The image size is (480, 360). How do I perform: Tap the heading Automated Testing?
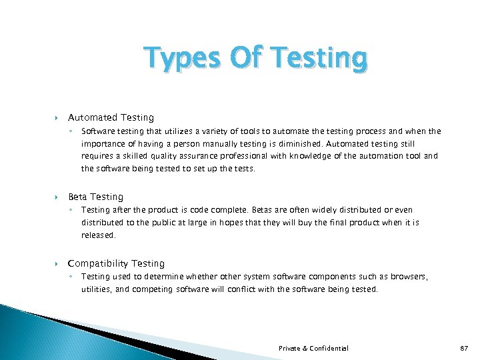point(111,117)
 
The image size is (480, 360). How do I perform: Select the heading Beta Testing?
point(95,197)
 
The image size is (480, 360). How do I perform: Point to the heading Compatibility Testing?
point(116,263)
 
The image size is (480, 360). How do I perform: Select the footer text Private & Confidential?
point(313,348)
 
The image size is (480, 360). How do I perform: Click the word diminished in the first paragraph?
point(297,143)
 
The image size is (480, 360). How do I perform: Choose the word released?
point(98,235)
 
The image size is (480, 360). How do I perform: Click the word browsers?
point(409,277)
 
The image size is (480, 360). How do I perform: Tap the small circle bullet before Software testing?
point(73,131)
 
